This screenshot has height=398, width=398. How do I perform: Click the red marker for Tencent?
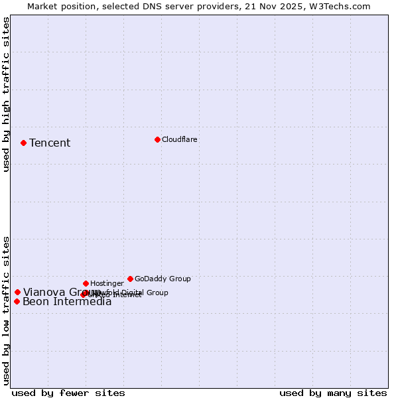pyautogui.click(x=23, y=143)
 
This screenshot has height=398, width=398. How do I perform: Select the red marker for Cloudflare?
pyautogui.click(x=157, y=139)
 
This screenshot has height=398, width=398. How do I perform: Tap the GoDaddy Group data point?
pyautogui.click(x=130, y=279)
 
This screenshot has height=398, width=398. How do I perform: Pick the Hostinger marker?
pyautogui.click(x=86, y=283)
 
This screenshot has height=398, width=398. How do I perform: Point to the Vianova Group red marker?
pyautogui.click(x=17, y=292)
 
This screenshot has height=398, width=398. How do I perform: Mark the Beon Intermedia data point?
pyautogui.click(x=17, y=302)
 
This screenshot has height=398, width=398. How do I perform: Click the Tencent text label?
pyautogui.click(x=50, y=143)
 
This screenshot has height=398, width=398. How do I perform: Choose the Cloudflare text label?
pyautogui.click(x=179, y=139)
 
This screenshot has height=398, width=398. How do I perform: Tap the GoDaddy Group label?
pyautogui.click(x=163, y=279)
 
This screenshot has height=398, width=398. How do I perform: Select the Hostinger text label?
pyautogui.click(x=107, y=283)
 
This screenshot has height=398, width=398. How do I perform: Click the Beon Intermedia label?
pyautogui.click(x=67, y=302)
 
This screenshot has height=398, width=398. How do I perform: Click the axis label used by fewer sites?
pyautogui.click(x=68, y=393)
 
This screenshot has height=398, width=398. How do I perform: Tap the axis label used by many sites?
pyautogui.click(x=333, y=393)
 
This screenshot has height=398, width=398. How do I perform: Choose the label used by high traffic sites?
pyautogui.click(x=7, y=94)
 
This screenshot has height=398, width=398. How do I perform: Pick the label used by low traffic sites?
pyautogui.click(x=7, y=310)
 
